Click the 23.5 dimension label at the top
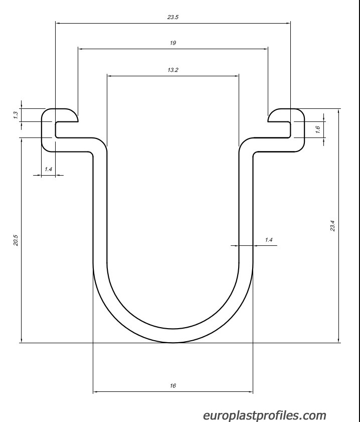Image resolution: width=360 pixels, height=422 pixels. [x=172, y=17]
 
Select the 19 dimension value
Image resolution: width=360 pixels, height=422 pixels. [x=173, y=43]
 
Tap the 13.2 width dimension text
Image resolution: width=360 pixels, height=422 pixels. [x=172, y=70]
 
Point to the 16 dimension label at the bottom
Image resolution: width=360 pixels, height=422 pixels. [x=173, y=386]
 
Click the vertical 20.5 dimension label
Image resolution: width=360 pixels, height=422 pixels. [x=16, y=240]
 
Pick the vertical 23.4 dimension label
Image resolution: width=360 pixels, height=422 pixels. [x=332, y=226]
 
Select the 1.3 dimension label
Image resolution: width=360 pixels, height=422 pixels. [x=16, y=115]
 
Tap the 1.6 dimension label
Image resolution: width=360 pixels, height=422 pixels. [x=317, y=129]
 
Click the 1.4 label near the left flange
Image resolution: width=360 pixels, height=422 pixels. [x=48, y=169]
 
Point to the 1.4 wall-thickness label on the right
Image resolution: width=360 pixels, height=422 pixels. [x=269, y=240]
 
